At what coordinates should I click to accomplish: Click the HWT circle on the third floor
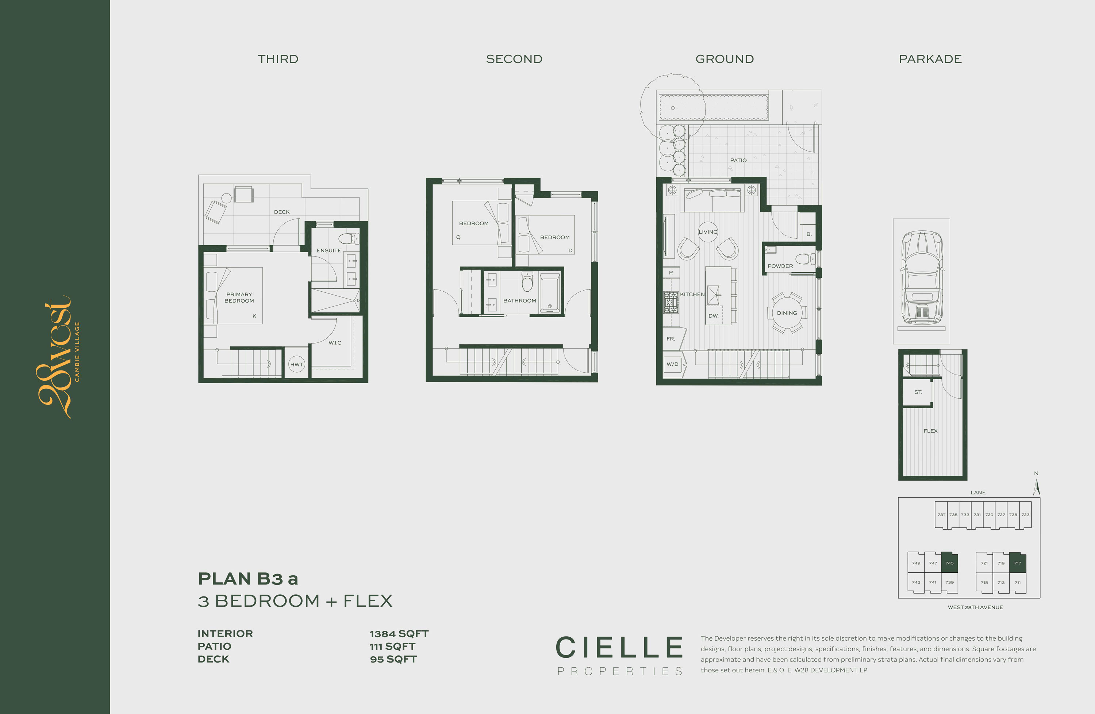coord(296,364)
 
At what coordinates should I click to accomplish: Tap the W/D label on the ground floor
coord(672,364)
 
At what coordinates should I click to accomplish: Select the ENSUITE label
coord(328,250)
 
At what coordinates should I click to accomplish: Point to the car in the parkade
coord(922,278)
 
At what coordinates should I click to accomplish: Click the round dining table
coord(787,313)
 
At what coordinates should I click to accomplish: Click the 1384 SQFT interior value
coord(399,633)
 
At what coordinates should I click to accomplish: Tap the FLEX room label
coord(930,431)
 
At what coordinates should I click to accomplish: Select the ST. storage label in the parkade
coord(918,392)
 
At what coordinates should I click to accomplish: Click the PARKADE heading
coord(930,59)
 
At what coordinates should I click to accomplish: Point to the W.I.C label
coord(334,343)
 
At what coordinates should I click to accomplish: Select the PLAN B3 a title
coord(248,578)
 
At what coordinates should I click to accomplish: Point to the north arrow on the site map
coord(1037,486)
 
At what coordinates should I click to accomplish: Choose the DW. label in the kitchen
coord(713,316)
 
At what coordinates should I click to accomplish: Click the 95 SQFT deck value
coord(393,659)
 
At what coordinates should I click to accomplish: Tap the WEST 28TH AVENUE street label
coord(975,607)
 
